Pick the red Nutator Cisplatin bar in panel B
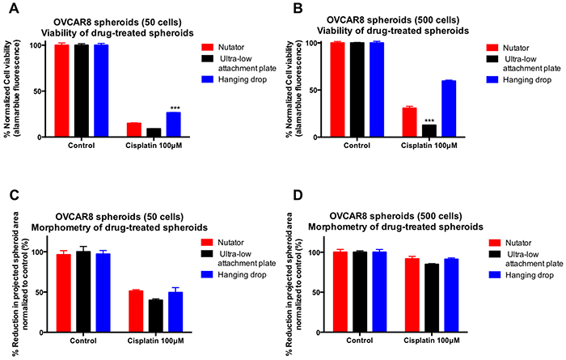410,122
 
